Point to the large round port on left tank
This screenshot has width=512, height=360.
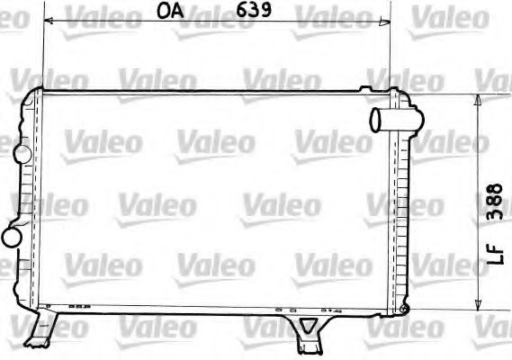coord(13,237)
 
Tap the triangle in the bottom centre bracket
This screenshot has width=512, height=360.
coord(309,326)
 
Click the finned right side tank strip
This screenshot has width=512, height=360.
coord(400,207)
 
